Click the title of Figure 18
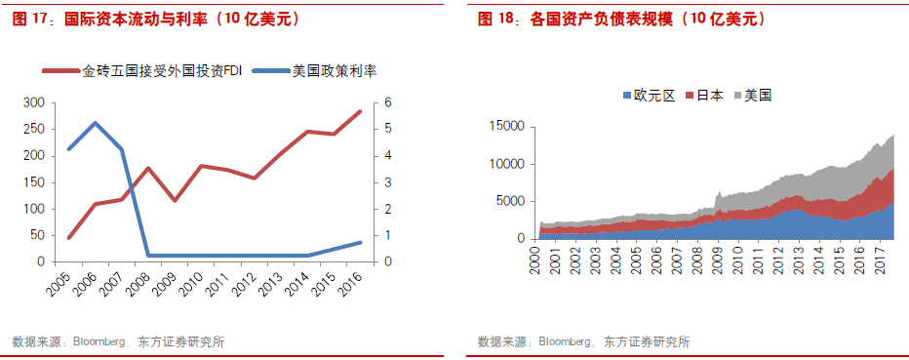621,19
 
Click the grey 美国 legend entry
758,96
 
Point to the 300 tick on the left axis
33,102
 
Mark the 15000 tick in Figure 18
506,127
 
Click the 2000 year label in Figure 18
535,261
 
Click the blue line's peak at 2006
95,123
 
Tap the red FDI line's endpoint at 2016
359,111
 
